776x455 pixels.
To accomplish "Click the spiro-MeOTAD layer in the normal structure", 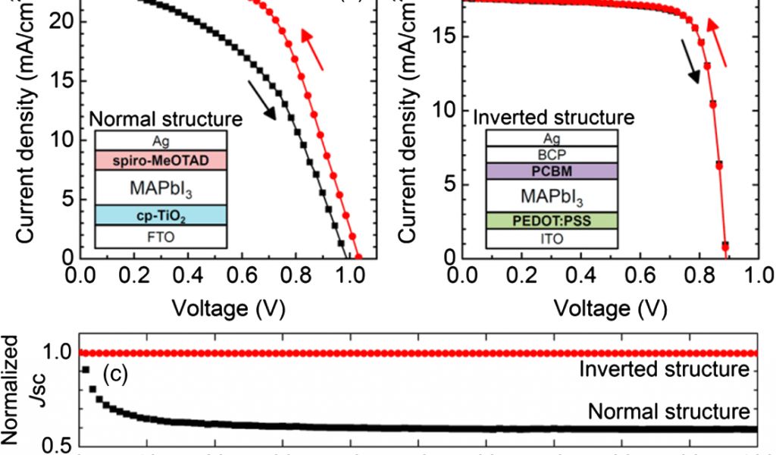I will (161, 160).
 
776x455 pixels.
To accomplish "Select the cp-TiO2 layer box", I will (161, 215).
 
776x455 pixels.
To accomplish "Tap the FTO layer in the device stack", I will (161, 237).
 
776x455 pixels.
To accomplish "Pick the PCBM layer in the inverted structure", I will (551, 171).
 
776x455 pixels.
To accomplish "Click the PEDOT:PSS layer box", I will (551, 221).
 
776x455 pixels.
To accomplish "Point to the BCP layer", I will (551, 154).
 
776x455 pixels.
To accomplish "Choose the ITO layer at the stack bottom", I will (551, 239).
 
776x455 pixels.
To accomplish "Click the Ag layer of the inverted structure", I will (551, 138).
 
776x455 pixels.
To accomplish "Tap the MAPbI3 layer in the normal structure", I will (161, 187).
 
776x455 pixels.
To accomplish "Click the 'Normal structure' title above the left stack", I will (165, 119).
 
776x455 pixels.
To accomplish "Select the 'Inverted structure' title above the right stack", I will (552, 118).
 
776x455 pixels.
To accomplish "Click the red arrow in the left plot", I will (312, 49).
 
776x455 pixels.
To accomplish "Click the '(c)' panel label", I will (116, 375).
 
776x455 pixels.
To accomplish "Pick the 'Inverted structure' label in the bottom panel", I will (664, 370).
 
